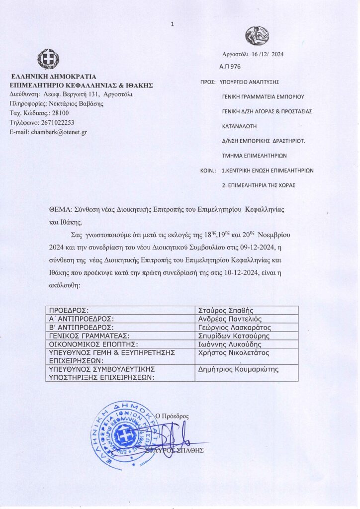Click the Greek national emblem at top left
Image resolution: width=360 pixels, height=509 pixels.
[49, 59]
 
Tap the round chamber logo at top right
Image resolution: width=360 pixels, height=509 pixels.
[257, 36]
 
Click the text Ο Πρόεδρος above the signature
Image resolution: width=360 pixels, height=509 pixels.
[172, 416]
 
